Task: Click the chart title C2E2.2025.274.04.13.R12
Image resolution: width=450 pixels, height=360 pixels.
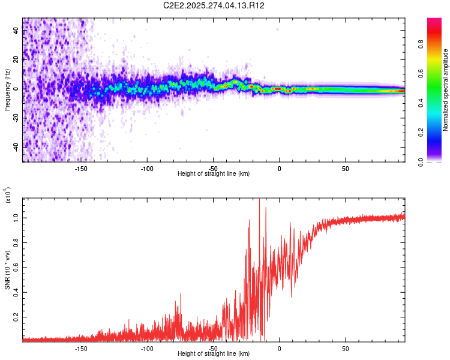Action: (214, 5)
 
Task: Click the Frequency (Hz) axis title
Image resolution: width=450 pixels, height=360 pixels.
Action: (7, 90)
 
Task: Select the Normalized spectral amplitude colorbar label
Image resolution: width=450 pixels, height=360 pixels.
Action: (445, 90)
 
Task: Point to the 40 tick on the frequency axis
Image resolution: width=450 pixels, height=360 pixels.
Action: (16, 31)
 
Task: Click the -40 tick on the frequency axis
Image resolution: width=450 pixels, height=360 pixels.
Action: (16, 147)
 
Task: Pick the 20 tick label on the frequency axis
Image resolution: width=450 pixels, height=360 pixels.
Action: (16, 59)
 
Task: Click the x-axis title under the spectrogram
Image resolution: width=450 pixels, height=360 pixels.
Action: (214, 174)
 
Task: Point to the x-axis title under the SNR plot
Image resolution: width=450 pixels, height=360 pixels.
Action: (214, 354)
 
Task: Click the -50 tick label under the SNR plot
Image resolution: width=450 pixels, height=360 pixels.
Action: (213, 347)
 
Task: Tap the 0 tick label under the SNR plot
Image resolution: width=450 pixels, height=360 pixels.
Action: (279, 347)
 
